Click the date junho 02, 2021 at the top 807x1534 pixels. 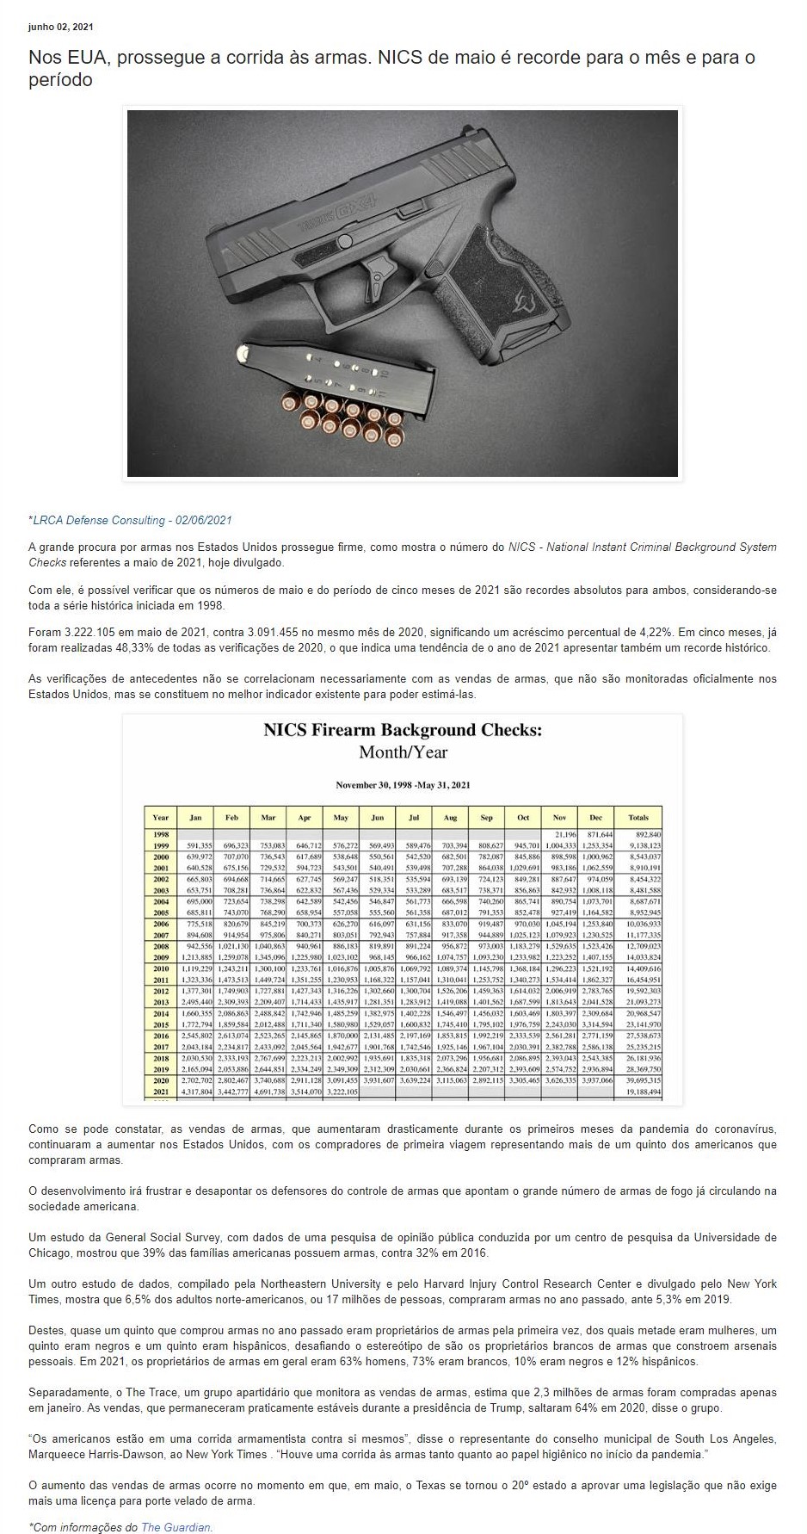pos(61,27)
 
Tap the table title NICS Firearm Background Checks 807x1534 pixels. pos(403,730)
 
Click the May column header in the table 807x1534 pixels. pos(342,817)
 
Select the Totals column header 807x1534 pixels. pos(638,817)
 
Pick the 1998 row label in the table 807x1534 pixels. pos(161,835)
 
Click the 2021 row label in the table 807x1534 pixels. pos(161,1092)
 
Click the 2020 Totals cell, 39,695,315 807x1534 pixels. pos(644,1080)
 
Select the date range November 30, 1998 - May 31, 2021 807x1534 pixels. pos(403,784)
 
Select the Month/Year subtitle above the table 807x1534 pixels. pos(403,752)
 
